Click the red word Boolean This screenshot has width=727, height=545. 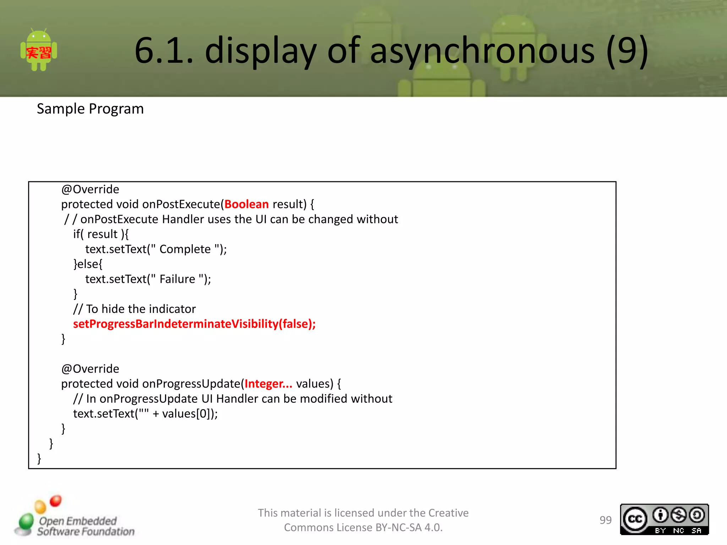coord(246,204)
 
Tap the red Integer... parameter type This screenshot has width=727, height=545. coord(268,384)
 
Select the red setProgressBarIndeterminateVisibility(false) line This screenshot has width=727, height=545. coord(194,324)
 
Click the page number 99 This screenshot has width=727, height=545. coord(606,520)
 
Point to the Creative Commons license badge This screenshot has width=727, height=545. coord(664,519)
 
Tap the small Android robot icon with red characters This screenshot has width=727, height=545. coord(39,51)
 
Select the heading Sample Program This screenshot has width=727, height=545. coord(90,109)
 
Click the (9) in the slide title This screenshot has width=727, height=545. coord(627,51)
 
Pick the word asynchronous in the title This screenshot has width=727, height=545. coord(482,51)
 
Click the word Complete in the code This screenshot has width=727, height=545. coord(185,249)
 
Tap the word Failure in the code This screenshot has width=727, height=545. coord(177,279)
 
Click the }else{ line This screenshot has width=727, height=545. coord(88,264)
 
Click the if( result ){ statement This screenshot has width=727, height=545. coord(101,235)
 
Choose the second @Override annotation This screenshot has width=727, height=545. coord(90,369)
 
